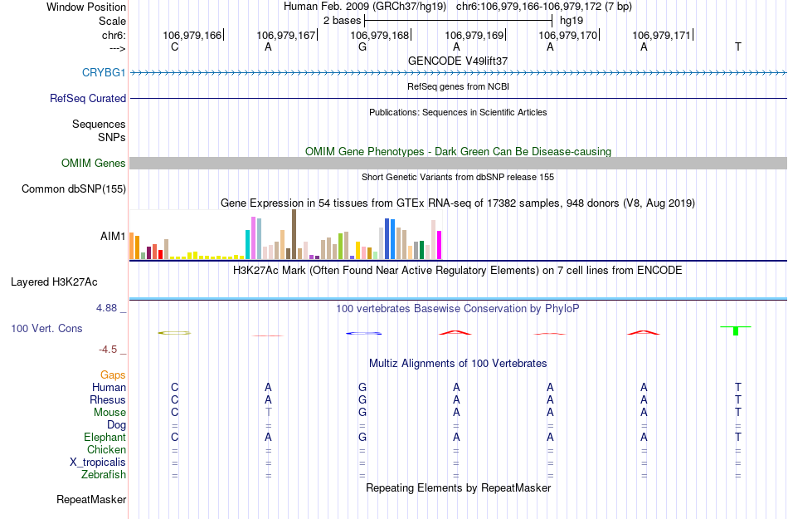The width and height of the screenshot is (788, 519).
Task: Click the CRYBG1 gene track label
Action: click(104, 72)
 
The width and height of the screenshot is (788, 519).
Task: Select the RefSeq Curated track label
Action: click(88, 98)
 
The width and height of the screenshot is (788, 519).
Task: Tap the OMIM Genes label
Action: click(94, 164)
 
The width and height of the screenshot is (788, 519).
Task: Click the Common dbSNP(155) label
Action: click(73, 189)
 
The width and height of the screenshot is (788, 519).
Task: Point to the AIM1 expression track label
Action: click(113, 237)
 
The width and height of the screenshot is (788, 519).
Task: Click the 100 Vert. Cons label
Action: click(46, 329)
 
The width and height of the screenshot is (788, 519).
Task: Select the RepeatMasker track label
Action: click(91, 500)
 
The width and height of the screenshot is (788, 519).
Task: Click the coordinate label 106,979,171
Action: click(661, 35)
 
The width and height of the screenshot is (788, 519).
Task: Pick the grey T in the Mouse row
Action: click(268, 412)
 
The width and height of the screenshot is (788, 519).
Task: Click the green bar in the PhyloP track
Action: click(736, 330)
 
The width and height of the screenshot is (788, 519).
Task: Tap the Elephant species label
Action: click(105, 437)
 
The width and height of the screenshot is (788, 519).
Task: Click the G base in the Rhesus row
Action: click(362, 399)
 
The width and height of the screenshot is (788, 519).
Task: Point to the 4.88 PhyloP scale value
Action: click(109, 308)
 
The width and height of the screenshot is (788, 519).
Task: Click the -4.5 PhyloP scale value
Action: click(112, 350)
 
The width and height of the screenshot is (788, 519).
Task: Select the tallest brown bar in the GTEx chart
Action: click(294, 234)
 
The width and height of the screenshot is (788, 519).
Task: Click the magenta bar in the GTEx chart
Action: click(439, 244)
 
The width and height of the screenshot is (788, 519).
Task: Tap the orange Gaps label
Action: click(114, 375)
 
